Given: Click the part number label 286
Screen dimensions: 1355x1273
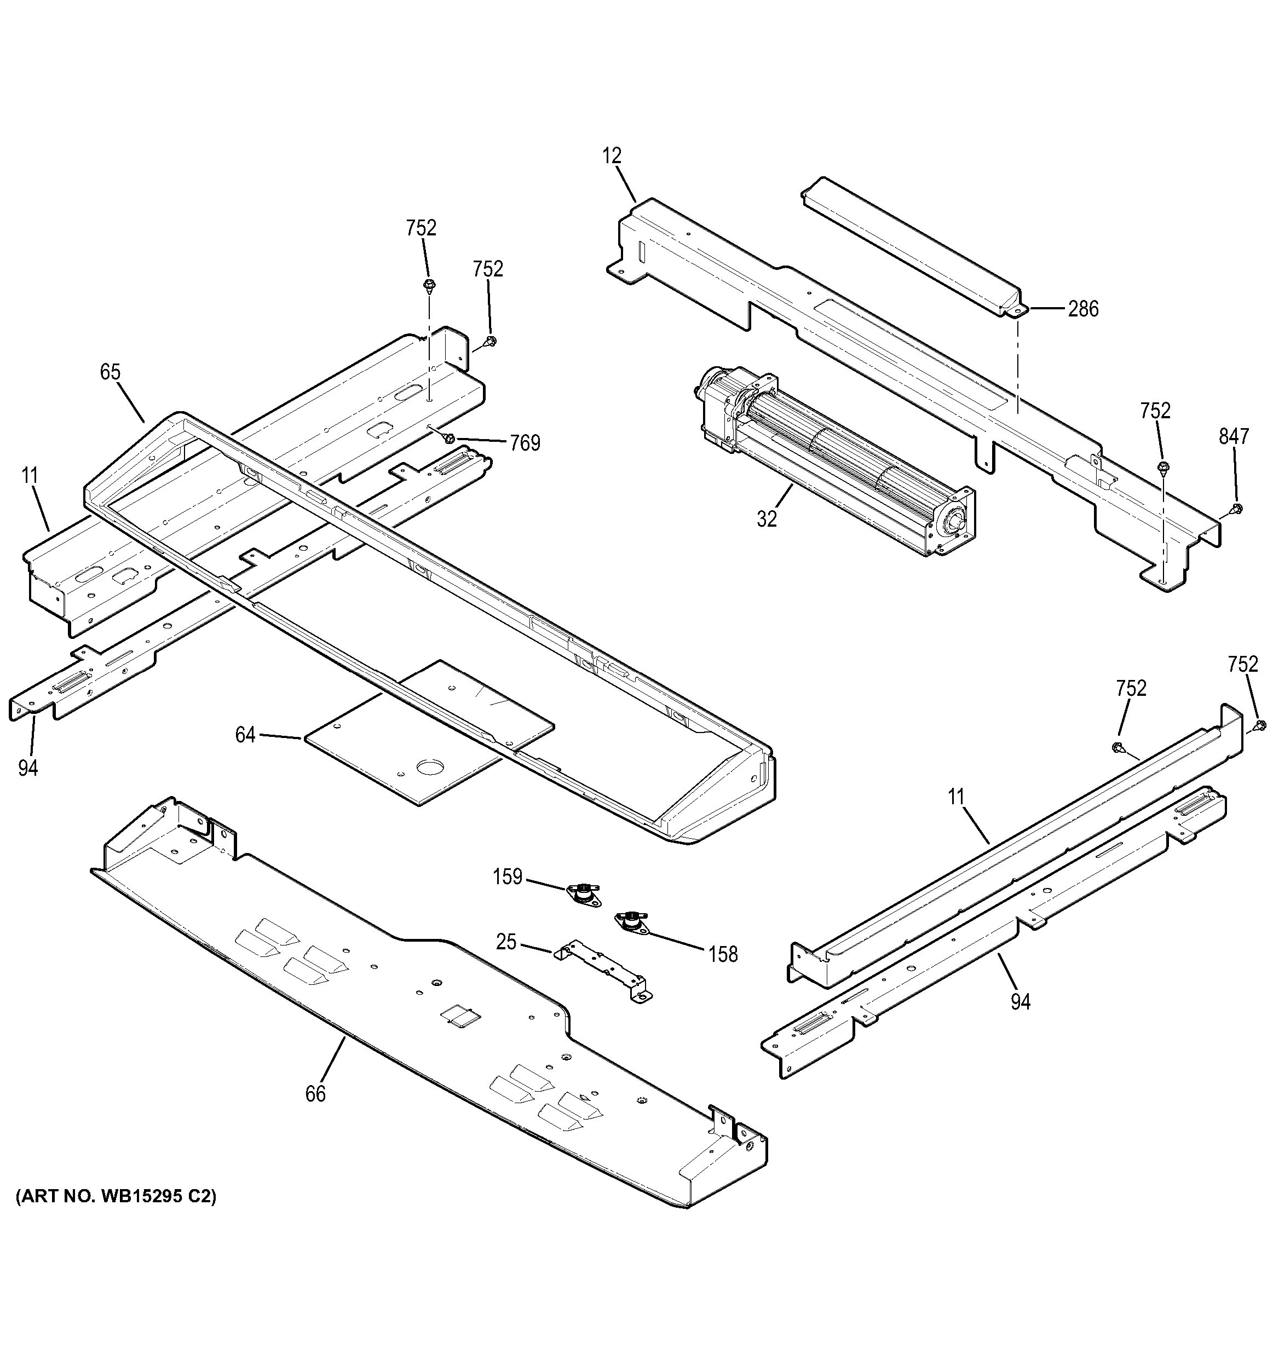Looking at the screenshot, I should coord(1083,309).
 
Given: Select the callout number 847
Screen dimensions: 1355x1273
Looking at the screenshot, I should coord(1234,436).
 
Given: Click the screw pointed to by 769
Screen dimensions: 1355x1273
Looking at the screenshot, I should coord(450,439).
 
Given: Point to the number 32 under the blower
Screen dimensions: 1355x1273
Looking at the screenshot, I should coord(767,520).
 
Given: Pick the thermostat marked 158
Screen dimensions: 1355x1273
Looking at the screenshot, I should coord(630,920).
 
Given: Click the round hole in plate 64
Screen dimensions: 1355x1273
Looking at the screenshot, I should coord(429,768).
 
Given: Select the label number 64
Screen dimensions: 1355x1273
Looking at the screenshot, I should coord(245,735).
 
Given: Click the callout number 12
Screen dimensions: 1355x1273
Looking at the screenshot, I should coord(612,156).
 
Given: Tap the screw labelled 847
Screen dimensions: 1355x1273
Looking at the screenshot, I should coord(1237,509).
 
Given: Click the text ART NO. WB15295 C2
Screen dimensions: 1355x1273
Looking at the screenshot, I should coord(116,1197).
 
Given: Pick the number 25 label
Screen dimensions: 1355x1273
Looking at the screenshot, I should coord(506,943).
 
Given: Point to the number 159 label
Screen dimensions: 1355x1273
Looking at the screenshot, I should coord(508,877).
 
